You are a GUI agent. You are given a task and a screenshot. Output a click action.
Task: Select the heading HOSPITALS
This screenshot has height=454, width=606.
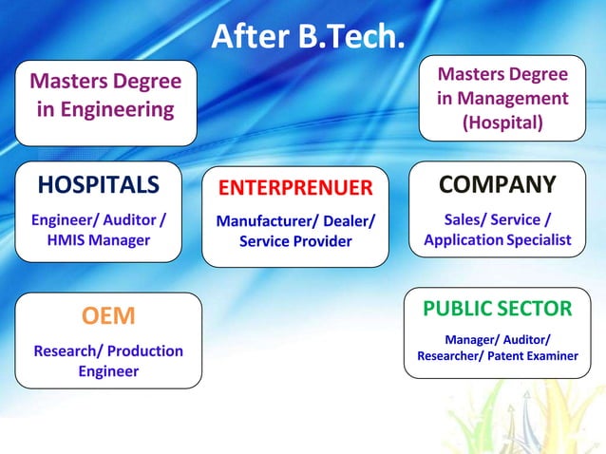97,183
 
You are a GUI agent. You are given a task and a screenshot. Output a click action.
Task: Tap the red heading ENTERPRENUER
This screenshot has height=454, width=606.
295,186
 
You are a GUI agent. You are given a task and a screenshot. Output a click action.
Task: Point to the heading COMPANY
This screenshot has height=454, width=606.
498,182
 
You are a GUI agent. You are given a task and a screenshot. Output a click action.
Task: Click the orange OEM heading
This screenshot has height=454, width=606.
108,315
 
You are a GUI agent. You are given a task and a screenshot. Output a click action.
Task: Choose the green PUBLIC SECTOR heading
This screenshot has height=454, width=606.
498,309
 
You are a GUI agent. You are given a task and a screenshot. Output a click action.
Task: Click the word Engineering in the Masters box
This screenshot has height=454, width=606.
105,109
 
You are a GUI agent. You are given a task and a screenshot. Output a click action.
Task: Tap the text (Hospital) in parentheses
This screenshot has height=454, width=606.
503,123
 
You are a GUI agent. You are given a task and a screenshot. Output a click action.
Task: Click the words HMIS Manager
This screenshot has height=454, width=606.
99,240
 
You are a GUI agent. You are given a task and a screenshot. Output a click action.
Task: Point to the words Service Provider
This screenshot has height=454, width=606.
295,241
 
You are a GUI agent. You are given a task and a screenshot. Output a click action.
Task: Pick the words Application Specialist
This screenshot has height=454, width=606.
498,239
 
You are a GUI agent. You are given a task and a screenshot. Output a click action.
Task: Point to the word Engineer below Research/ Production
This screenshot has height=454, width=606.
108,370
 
